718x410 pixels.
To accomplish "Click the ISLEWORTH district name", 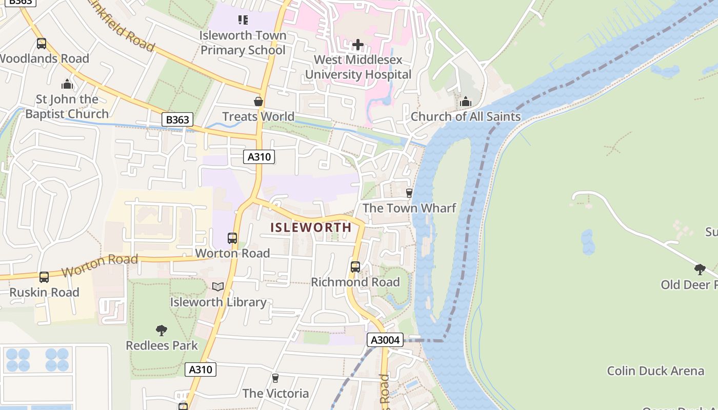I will point(311,227).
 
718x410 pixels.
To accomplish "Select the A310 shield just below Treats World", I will point(259,157).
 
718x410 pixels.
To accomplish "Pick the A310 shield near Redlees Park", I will point(201,370).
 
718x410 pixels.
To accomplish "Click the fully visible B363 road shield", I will point(177,120).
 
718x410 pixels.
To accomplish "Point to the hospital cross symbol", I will point(358,45).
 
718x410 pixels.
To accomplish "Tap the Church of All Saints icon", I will point(466,102).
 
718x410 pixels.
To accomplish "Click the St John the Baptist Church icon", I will point(67,84).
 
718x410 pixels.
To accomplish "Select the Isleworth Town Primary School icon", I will point(243,20).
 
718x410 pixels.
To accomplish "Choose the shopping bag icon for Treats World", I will point(258,101).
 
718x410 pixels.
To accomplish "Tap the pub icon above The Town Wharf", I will point(409,193).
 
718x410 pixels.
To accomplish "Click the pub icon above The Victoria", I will point(275,378).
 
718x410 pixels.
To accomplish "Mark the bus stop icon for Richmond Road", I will point(355,267).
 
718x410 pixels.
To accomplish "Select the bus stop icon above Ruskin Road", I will point(44,277).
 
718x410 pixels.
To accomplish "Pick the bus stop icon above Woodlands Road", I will point(42,44).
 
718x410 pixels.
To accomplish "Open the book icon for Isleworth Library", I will point(218,287).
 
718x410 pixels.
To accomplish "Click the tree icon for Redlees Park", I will point(162,330).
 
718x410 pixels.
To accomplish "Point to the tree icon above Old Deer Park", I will point(700,269).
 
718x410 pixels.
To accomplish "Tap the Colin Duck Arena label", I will point(655,371).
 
